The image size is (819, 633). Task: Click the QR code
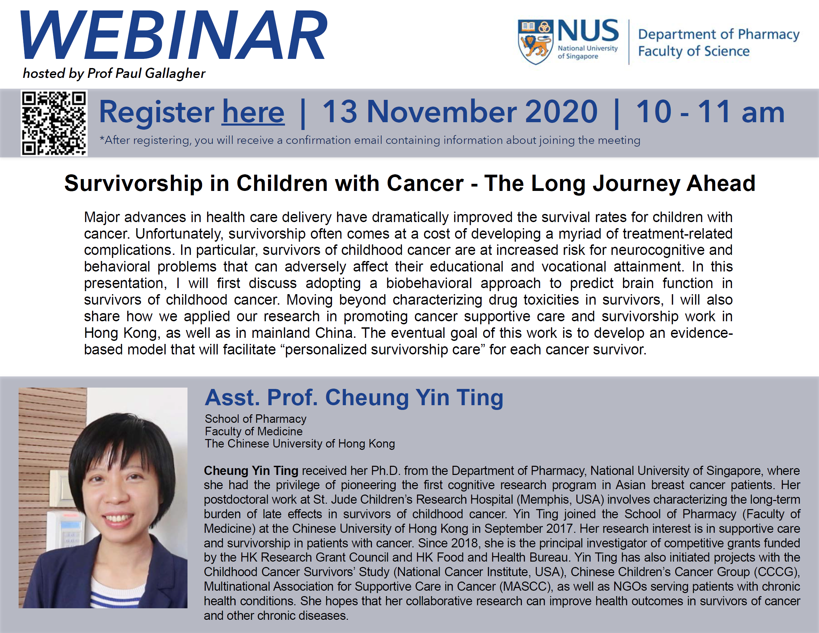pos(54,123)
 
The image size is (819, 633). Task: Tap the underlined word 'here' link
pos(253,112)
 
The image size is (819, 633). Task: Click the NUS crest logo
pos(535,42)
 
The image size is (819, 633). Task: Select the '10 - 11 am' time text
pos(710,111)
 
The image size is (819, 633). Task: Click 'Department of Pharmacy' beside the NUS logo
pos(718,35)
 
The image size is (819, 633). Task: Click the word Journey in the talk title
pos(636,184)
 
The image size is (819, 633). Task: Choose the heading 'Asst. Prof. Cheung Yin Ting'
pos(354,397)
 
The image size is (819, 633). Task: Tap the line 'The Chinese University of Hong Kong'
pos(300,444)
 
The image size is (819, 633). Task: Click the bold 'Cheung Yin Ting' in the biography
pos(251,471)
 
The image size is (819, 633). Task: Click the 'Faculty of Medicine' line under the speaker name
pos(253,431)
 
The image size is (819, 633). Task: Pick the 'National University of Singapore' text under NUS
pos(587,52)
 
